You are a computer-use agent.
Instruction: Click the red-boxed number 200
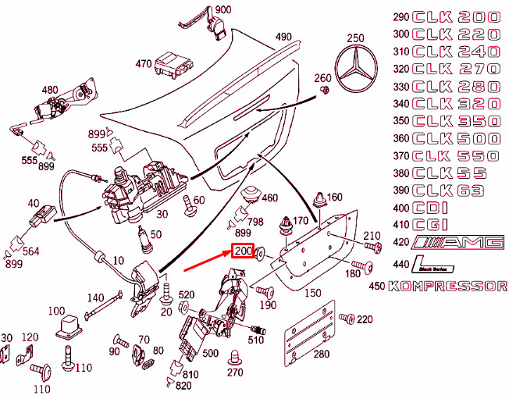point(243,251)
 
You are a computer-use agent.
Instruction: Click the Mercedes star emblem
point(356,68)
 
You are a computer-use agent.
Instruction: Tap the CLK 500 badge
point(457,139)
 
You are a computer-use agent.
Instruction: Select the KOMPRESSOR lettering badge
point(447,287)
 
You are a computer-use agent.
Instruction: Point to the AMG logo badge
point(457,243)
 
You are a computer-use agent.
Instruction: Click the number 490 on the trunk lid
point(283,37)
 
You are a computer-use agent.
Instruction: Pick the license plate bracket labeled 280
point(310,333)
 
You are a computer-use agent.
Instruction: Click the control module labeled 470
point(173,64)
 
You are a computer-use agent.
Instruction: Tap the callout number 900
point(223,9)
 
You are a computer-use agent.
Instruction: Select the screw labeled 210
point(372,247)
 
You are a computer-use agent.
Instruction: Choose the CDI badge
point(430,208)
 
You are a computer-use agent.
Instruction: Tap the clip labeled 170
point(285,226)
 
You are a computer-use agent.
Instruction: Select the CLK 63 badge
point(448,191)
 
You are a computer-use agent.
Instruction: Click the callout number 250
point(355,38)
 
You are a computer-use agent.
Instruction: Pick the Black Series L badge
point(432,264)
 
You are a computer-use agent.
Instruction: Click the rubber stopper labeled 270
point(235,358)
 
